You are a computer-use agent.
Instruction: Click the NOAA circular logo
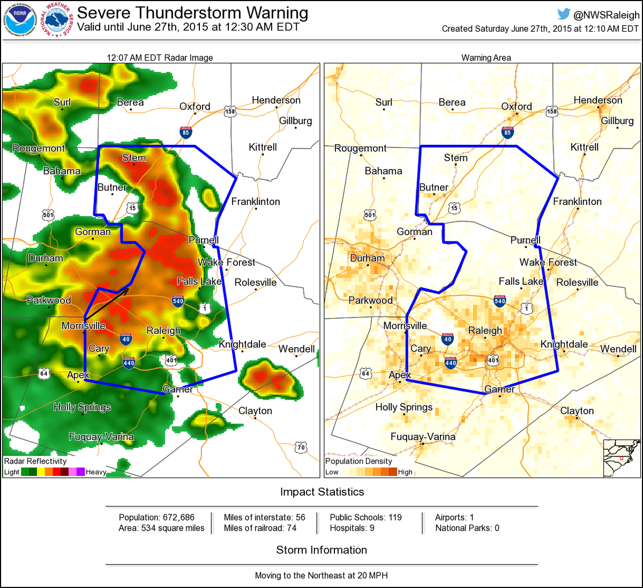tap(20, 20)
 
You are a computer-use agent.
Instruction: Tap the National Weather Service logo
tap(56, 20)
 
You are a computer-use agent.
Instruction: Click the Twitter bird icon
tap(564, 14)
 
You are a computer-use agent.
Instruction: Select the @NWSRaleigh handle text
tap(606, 16)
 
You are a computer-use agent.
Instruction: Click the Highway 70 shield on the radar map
tap(301, 447)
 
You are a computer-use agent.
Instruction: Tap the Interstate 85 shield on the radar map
tap(186, 132)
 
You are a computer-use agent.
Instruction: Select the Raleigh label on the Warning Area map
tap(485, 330)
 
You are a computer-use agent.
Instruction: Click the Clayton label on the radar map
tap(255, 411)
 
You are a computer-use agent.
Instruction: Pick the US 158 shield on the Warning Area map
tap(552, 112)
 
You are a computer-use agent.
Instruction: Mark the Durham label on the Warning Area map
tap(367, 258)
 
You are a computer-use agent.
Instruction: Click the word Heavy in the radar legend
tap(96, 472)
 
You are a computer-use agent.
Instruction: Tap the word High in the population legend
tap(405, 472)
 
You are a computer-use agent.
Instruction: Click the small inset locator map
tap(622, 458)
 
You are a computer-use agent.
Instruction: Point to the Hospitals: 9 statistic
tap(352, 528)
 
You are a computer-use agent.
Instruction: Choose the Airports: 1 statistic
tap(454, 517)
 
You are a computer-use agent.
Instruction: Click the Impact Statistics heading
tap(322, 492)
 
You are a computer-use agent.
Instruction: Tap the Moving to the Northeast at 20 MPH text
tap(322, 575)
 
